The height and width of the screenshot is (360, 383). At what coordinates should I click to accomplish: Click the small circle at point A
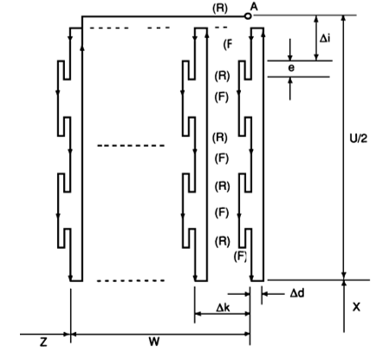(x=247, y=16)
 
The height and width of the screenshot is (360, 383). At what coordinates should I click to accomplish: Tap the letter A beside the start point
(x=254, y=6)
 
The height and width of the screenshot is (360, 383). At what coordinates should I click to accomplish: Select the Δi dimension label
(x=325, y=38)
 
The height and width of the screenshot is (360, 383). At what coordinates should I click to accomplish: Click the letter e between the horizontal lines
(x=291, y=68)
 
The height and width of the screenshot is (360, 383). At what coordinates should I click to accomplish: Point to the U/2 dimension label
(x=359, y=139)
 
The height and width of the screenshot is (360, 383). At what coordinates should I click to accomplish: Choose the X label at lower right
(x=357, y=307)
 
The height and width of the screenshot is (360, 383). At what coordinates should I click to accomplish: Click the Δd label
(x=297, y=294)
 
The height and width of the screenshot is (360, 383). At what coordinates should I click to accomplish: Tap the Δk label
(x=223, y=308)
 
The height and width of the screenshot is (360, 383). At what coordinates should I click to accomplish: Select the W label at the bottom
(x=154, y=342)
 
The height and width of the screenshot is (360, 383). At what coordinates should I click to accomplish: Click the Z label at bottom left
(x=43, y=343)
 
